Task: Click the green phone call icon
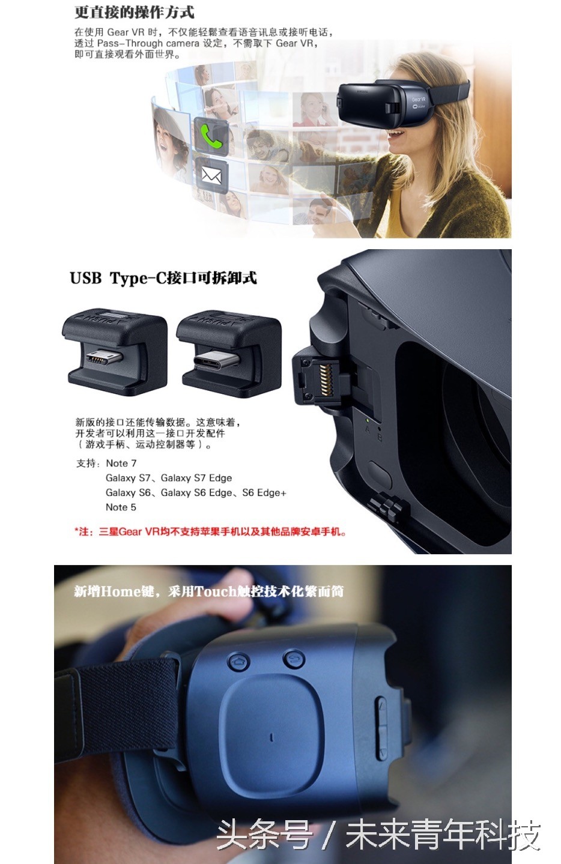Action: [x=211, y=135]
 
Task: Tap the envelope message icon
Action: [x=211, y=176]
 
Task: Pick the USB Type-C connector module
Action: [x=229, y=353]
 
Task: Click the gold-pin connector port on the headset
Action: [x=326, y=379]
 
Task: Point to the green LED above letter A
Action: [x=368, y=420]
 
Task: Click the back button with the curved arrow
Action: [x=294, y=658]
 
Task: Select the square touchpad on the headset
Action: [x=273, y=737]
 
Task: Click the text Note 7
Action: [x=121, y=464]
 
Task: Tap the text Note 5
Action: [x=121, y=507]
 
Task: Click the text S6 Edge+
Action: [x=264, y=492]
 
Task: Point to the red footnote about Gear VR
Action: [x=211, y=531]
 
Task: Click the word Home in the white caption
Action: [x=121, y=591]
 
